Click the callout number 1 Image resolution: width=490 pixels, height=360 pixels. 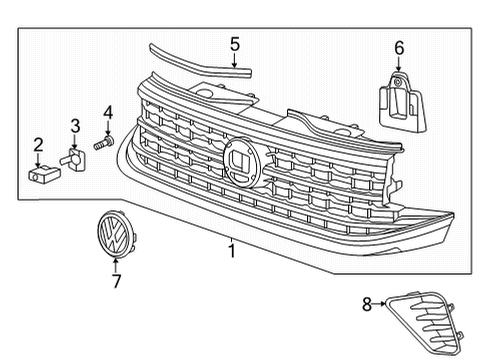point(232,251)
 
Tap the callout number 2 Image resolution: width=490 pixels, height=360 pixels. point(38,145)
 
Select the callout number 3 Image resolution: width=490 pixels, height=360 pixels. point(75,126)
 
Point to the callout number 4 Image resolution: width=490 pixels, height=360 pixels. point(108,112)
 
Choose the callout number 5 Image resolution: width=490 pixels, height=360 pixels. point(235,44)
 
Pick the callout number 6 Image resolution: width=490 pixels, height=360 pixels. point(399,48)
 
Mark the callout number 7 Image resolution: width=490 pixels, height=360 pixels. point(116,281)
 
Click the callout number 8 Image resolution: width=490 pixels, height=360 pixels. point(367,304)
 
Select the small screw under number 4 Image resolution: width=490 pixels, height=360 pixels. point(104,142)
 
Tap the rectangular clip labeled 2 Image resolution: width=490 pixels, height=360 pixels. point(44,174)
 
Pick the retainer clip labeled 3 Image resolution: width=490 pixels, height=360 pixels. point(73,159)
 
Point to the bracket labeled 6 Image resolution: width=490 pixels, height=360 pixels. point(402,102)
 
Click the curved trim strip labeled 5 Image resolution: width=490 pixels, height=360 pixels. point(200,63)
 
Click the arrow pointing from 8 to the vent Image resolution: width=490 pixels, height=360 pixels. point(379,304)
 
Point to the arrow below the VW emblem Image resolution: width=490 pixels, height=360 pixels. point(116,266)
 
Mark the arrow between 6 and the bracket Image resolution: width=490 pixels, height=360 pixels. point(399,64)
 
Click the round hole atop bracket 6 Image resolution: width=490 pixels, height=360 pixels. point(397,81)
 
